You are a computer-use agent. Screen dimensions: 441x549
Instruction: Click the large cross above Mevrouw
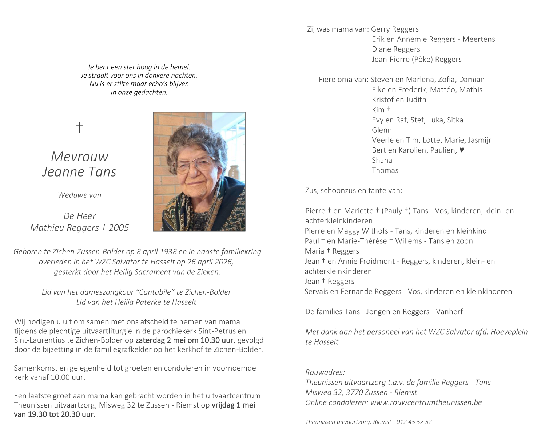(x=79, y=128)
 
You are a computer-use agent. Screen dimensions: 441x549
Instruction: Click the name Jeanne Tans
(x=79, y=171)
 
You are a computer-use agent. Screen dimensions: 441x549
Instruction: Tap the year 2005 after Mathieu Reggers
(x=119, y=228)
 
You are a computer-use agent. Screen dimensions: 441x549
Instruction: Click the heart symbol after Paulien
(x=462, y=150)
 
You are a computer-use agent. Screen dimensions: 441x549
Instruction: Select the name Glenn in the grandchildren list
(x=382, y=130)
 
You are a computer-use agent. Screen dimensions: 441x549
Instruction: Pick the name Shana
(x=382, y=160)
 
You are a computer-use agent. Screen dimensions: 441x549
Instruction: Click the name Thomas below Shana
(x=385, y=170)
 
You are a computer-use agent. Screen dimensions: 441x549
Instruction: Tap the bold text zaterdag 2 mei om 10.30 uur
(x=184, y=340)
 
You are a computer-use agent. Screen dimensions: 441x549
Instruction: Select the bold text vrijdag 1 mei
(x=233, y=405)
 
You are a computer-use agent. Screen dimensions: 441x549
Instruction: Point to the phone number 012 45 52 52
(x=414, y=422)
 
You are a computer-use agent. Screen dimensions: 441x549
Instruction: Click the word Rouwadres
(x=325, y=372)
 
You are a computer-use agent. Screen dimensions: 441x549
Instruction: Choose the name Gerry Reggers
(x=395, y=29)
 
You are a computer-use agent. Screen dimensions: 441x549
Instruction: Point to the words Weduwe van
(x=79, y=195)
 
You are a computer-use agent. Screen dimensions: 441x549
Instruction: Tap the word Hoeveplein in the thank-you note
(x=509, y=332)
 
